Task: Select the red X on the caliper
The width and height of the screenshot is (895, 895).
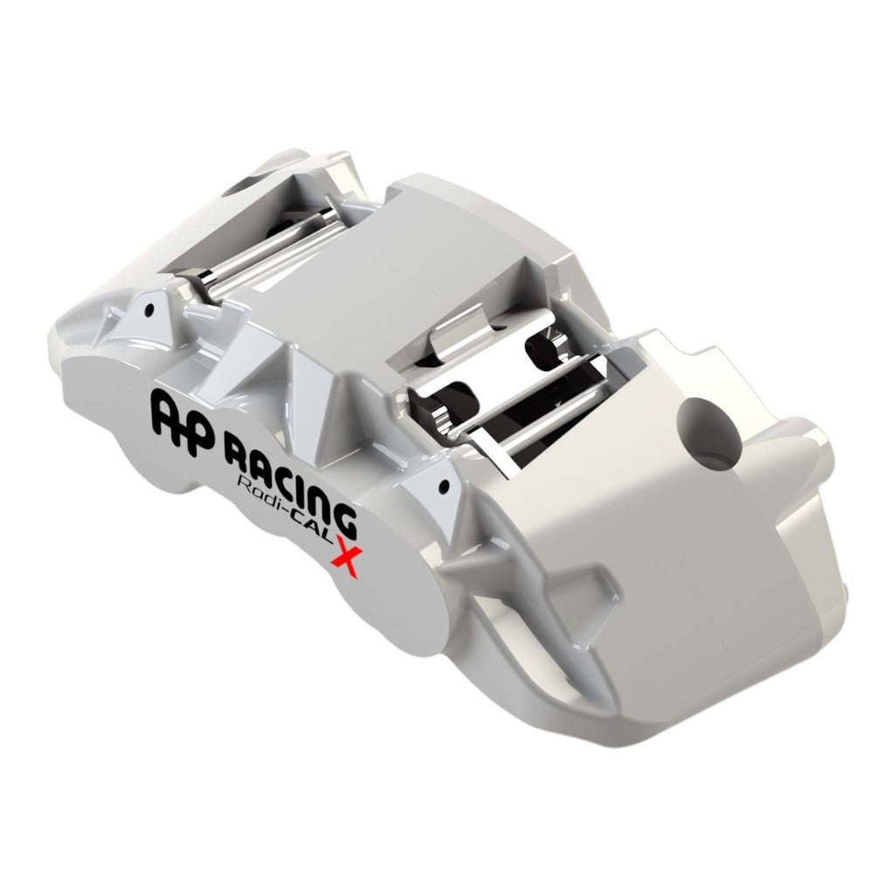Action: (345, 557)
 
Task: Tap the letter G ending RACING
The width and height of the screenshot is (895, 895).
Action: (343, 519)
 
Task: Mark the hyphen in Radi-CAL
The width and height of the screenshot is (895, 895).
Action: (291, 510)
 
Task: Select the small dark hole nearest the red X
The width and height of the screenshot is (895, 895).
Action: (444, 486)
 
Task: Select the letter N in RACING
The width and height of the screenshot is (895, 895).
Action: (320, 503)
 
